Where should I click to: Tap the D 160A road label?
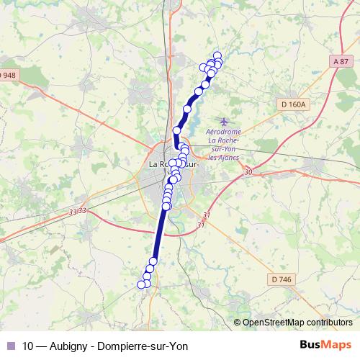(x=294, y=104)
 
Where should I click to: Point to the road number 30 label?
(x=248, y=172)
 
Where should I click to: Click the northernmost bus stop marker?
(x=217, y=55)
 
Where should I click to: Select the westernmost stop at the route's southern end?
(x=142, y=284)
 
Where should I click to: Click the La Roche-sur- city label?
(x=173, y=164)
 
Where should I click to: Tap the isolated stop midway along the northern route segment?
(x=188, y=109)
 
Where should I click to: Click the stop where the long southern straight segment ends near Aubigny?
(x=153, y=261)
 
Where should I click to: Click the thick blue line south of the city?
(x=159, y=234)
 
